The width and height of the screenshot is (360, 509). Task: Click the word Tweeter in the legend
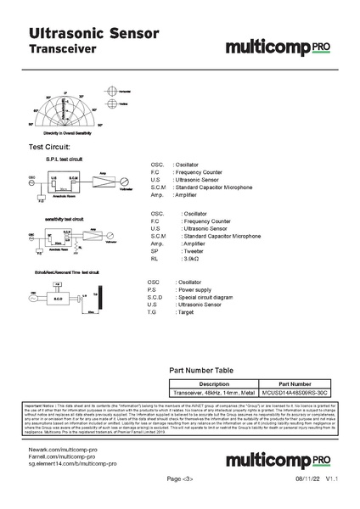(x=194, y=251)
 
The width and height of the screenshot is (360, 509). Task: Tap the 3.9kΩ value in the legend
(x=194, y=259)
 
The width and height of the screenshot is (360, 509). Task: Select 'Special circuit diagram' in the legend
(x=204, y=298)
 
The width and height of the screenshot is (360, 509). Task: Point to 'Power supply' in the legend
(x=195, y=290)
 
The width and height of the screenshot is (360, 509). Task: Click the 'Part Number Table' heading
(x=201, y=371)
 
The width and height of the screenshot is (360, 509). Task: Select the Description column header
(x=213, y=383)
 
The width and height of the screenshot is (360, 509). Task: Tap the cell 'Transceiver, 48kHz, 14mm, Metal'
(x=213, y=393)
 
